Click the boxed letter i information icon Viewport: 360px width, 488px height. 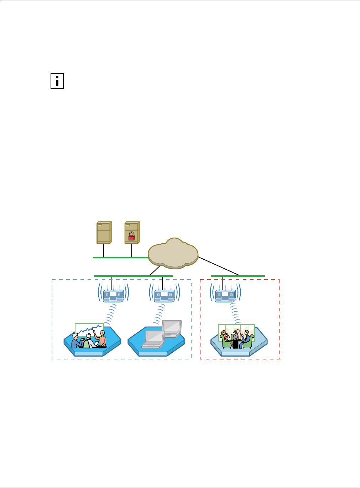click(x=57, y=81)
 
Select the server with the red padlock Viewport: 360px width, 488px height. click(x=132, y=233)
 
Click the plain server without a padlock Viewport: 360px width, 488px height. click(x=104, y=233)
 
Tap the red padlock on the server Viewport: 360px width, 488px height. click(x=131, y=235)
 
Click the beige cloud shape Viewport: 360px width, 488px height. click(x=173, y=253)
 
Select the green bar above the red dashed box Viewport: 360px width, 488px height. click(x=238, y=276)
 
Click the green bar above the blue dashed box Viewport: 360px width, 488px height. click(x=133, y=276)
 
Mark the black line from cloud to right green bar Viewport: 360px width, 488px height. click(x=219, y=266)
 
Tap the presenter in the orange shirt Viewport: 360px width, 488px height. click(x=102, y=339)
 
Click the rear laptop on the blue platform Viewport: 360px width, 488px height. click(x=172, y=328)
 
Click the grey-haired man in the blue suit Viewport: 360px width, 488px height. click(x=246, y=338)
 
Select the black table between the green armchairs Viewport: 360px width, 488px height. click(x=235, y=344)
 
